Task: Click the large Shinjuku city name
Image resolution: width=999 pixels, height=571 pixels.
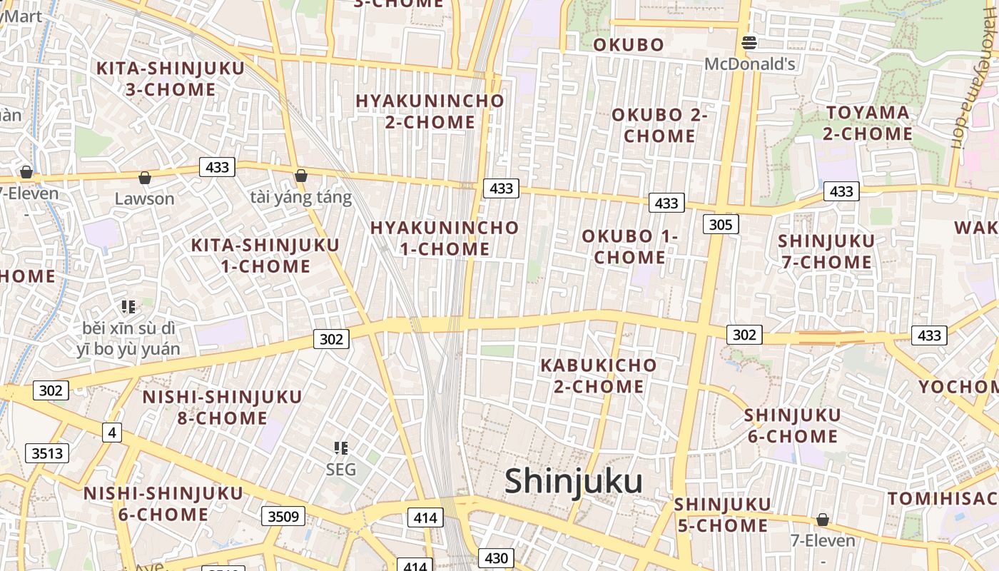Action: (574, 482)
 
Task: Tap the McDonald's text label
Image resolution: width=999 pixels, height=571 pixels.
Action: (749, 64)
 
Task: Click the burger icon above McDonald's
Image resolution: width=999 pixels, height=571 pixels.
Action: (749, 43)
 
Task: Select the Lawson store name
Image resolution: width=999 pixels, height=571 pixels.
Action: (144, 198)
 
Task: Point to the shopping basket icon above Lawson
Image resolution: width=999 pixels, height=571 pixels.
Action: (145, 177)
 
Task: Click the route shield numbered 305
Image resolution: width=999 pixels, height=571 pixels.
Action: (721, 225)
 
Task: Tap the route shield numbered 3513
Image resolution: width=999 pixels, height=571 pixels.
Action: (47, 453)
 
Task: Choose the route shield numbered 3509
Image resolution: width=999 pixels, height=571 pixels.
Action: (283, 515)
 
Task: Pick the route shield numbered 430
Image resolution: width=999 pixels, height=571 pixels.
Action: (495, 557)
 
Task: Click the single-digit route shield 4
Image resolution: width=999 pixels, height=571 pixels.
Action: (111, 432)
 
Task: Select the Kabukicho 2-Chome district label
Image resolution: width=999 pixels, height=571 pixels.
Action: (599, 376)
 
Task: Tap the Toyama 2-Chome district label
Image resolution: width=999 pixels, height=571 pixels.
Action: (868, 123)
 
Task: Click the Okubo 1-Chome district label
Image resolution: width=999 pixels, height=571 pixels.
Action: (629, 246)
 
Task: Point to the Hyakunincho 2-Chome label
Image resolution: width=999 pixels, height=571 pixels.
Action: (430, 111)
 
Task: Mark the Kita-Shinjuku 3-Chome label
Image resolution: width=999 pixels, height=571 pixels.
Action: (171, 79)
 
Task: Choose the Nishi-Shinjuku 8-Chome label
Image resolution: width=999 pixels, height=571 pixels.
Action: (222, 407)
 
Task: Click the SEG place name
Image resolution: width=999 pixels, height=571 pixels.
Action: (340, 470)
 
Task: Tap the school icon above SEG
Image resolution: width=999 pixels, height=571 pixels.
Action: (341, 448)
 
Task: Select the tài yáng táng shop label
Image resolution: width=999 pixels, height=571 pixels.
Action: (301, 197)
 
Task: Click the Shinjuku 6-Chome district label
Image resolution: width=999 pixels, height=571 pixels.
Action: (792, 425)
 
